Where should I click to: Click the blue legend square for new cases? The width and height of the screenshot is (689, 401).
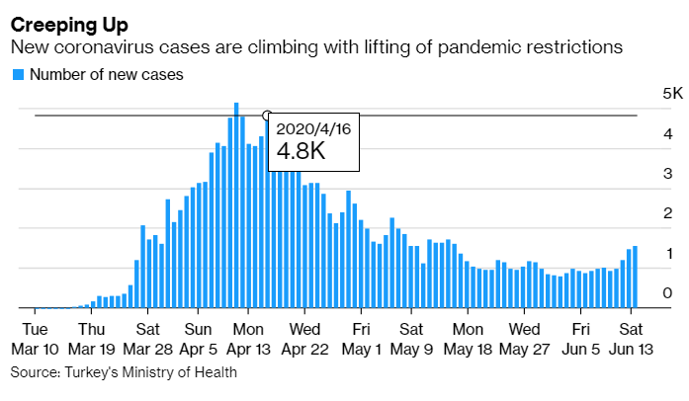pyautogui.click(x=17, y=74)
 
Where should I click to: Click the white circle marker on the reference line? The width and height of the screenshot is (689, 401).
pyautogui.click(x=267, y=116)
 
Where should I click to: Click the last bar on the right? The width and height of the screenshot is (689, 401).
pyautogui.click(x=635, y=277)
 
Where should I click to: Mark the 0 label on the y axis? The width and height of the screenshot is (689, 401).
pyautogui.click(x=667, y=293)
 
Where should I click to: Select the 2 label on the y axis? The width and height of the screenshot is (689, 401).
pyautogui.click(x=667, y=213)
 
